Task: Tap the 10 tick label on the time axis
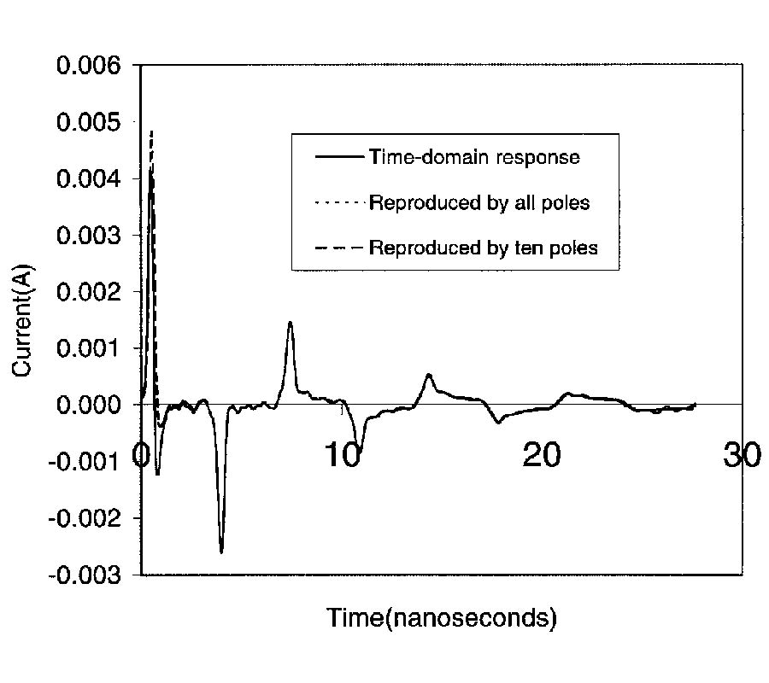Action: [x=343, y=455]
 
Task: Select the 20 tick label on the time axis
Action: [x=542, y=455]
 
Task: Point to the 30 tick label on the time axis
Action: [x=741, y=455]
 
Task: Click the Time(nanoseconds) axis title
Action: [x=442, y=618]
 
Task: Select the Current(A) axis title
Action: [x=23, y=320]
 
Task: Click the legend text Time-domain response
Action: [x=474, y=157]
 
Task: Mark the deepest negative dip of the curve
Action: [x=221, y=552]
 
